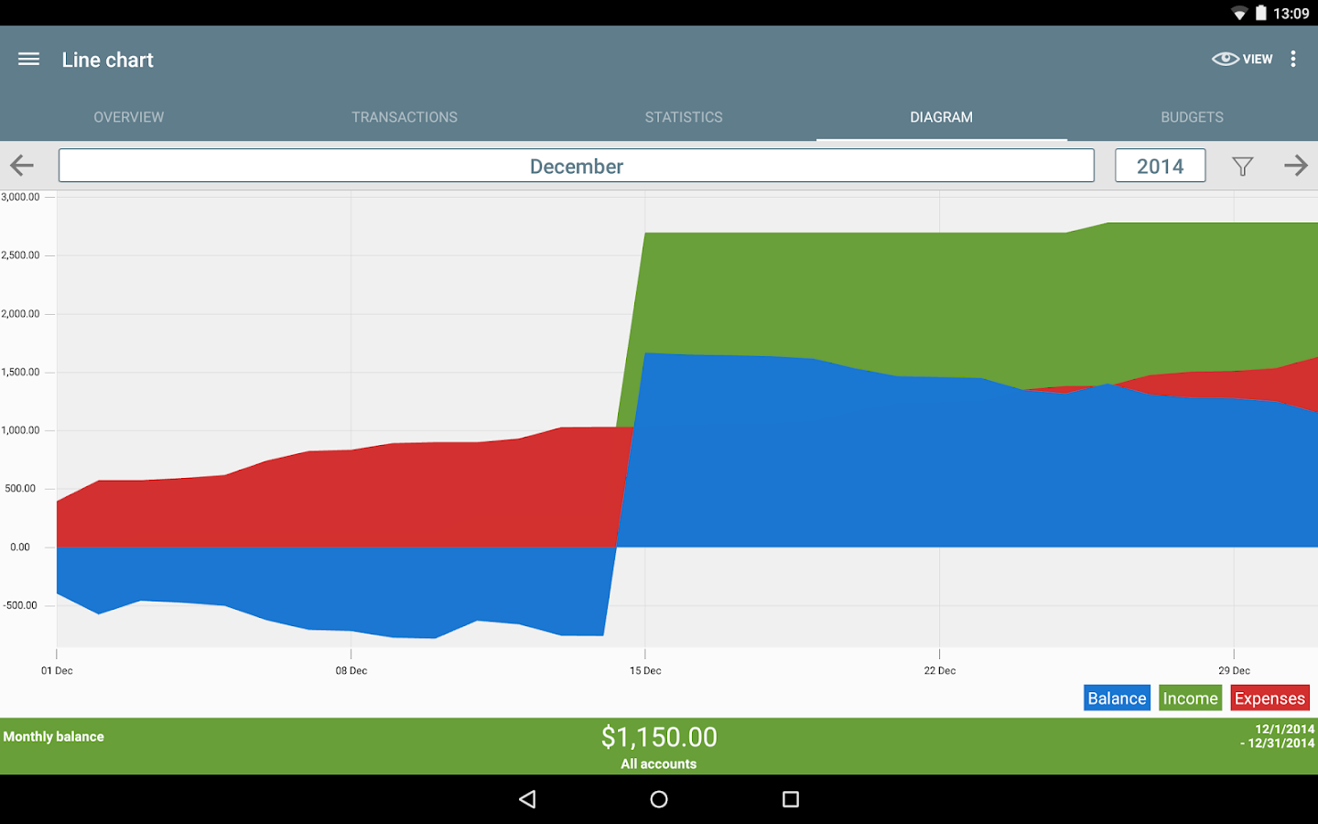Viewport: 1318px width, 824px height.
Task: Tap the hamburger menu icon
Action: point(28,60)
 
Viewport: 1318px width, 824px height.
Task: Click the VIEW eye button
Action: point(1241,60)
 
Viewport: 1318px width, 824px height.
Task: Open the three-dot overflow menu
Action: point(1293,60)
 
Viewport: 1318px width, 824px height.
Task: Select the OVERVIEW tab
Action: point(129,117)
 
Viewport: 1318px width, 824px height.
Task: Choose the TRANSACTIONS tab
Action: point(405,117)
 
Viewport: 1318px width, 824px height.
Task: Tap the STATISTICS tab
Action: point(684,117)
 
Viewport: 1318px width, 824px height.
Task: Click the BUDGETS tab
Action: point(1192,117)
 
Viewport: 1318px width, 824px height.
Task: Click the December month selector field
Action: point(577,166)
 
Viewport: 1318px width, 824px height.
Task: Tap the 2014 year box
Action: point(1160,166)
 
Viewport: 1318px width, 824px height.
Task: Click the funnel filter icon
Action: point(1242,166)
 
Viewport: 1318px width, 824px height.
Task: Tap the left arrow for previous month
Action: point(22,166)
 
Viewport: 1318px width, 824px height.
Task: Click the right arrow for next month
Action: point(1295,166)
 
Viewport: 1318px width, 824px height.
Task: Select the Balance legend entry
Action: point(1117,699)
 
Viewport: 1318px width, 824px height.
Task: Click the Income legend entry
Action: point(1190,699)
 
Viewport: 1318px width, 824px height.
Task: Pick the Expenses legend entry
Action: point(1269,699)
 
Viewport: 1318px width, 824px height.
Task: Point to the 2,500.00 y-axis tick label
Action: point(21,255)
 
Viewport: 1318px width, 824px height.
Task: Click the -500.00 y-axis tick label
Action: point(20,605)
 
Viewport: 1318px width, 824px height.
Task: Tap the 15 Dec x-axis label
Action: point(645,671)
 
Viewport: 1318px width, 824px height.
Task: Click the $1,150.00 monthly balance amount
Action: point(659,737)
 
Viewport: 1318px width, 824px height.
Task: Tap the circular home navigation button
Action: point(659,799)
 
